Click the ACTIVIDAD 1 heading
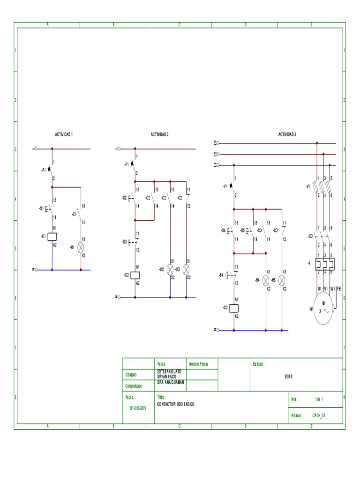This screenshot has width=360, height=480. click(64, 135)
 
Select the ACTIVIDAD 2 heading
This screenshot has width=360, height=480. click(159, 135)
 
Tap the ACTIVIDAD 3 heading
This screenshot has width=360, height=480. click(287, 135)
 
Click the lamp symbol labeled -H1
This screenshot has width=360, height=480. click(81, 247)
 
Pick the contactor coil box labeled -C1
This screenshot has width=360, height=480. click(52, 236)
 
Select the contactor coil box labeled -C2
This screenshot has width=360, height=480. click(135, 275)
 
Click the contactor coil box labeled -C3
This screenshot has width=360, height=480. click(234, 308)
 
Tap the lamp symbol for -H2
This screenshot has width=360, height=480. click(170, 269)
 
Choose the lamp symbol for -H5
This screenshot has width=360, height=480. click(282, 280)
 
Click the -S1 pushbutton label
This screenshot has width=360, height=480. click(41, 208)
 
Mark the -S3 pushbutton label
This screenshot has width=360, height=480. click(124, 242)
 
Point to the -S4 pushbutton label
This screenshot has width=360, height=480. click(223, 231)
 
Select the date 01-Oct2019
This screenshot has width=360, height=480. click(138, 408)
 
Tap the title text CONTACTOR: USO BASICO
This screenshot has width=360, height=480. click(175, 404)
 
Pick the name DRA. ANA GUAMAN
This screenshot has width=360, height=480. click(171, 382)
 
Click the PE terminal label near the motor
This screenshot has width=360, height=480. click(339, 289)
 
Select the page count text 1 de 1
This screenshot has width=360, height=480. click(319, 399)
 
